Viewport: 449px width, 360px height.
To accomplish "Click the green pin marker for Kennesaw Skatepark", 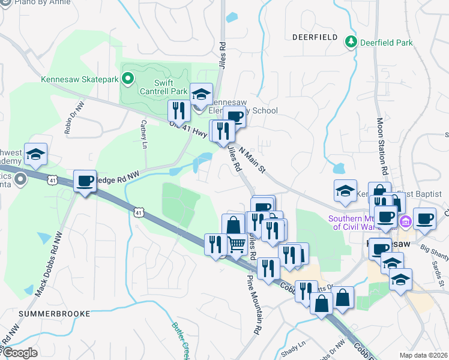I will [127, 79].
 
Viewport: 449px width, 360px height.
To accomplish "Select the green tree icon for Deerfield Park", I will [351, 42].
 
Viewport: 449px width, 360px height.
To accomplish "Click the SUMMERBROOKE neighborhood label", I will [55, 313].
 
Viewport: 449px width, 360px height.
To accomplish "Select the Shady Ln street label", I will [295, 346].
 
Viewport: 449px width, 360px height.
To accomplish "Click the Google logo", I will [19, 352].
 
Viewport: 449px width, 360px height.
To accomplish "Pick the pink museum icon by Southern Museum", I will [406, 223].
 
